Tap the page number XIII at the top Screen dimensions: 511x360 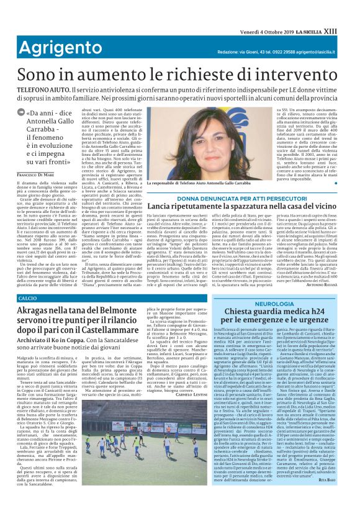coord(349,6)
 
